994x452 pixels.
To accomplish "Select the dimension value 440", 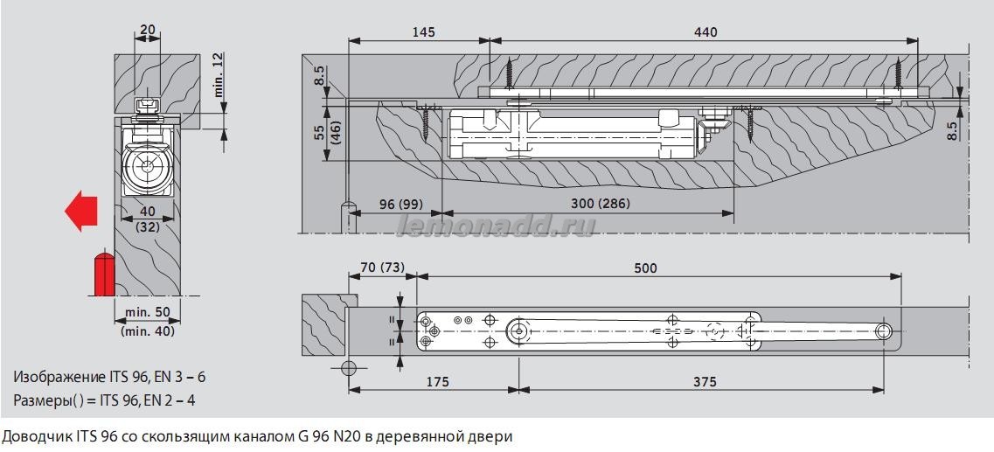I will coord(706,32).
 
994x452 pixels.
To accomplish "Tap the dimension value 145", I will coord(422,32).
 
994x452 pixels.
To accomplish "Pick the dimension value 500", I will coord(644,268).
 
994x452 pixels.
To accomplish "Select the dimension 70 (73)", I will coord(382,268).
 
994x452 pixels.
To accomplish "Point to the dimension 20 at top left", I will coord(147,29).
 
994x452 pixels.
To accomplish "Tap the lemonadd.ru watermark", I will coord(496,226).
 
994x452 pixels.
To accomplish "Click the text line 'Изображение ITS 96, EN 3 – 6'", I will coord(109,377).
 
